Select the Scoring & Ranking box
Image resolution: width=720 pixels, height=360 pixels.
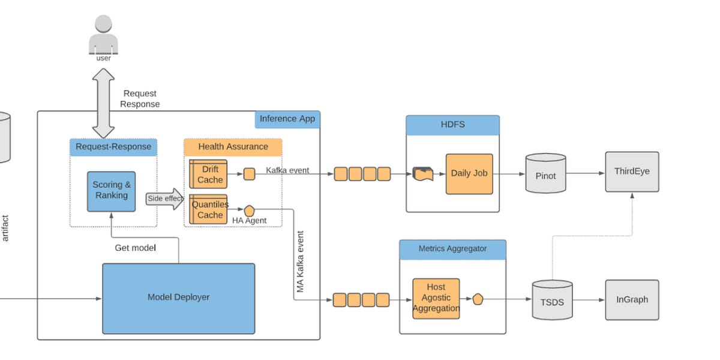(111, 191)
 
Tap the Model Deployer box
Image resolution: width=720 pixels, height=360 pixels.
(178, 298)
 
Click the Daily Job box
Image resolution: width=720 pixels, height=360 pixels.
(469, 173)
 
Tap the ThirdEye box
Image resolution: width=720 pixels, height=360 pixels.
(632, 172)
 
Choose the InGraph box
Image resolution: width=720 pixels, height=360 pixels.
(632, 299)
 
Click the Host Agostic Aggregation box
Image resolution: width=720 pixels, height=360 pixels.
(436, 298)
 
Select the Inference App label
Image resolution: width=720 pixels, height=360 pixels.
(287, 119)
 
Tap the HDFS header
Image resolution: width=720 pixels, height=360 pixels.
(452, 125)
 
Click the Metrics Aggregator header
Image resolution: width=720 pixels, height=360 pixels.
(452, 249)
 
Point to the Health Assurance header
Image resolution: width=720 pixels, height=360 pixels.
(233, 147)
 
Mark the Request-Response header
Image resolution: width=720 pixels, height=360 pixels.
(113, 147)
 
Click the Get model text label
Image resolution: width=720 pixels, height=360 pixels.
(135, 247)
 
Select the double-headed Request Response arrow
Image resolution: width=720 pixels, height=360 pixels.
(103, 103)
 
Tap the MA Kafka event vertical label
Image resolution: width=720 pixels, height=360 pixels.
(300, 262)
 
